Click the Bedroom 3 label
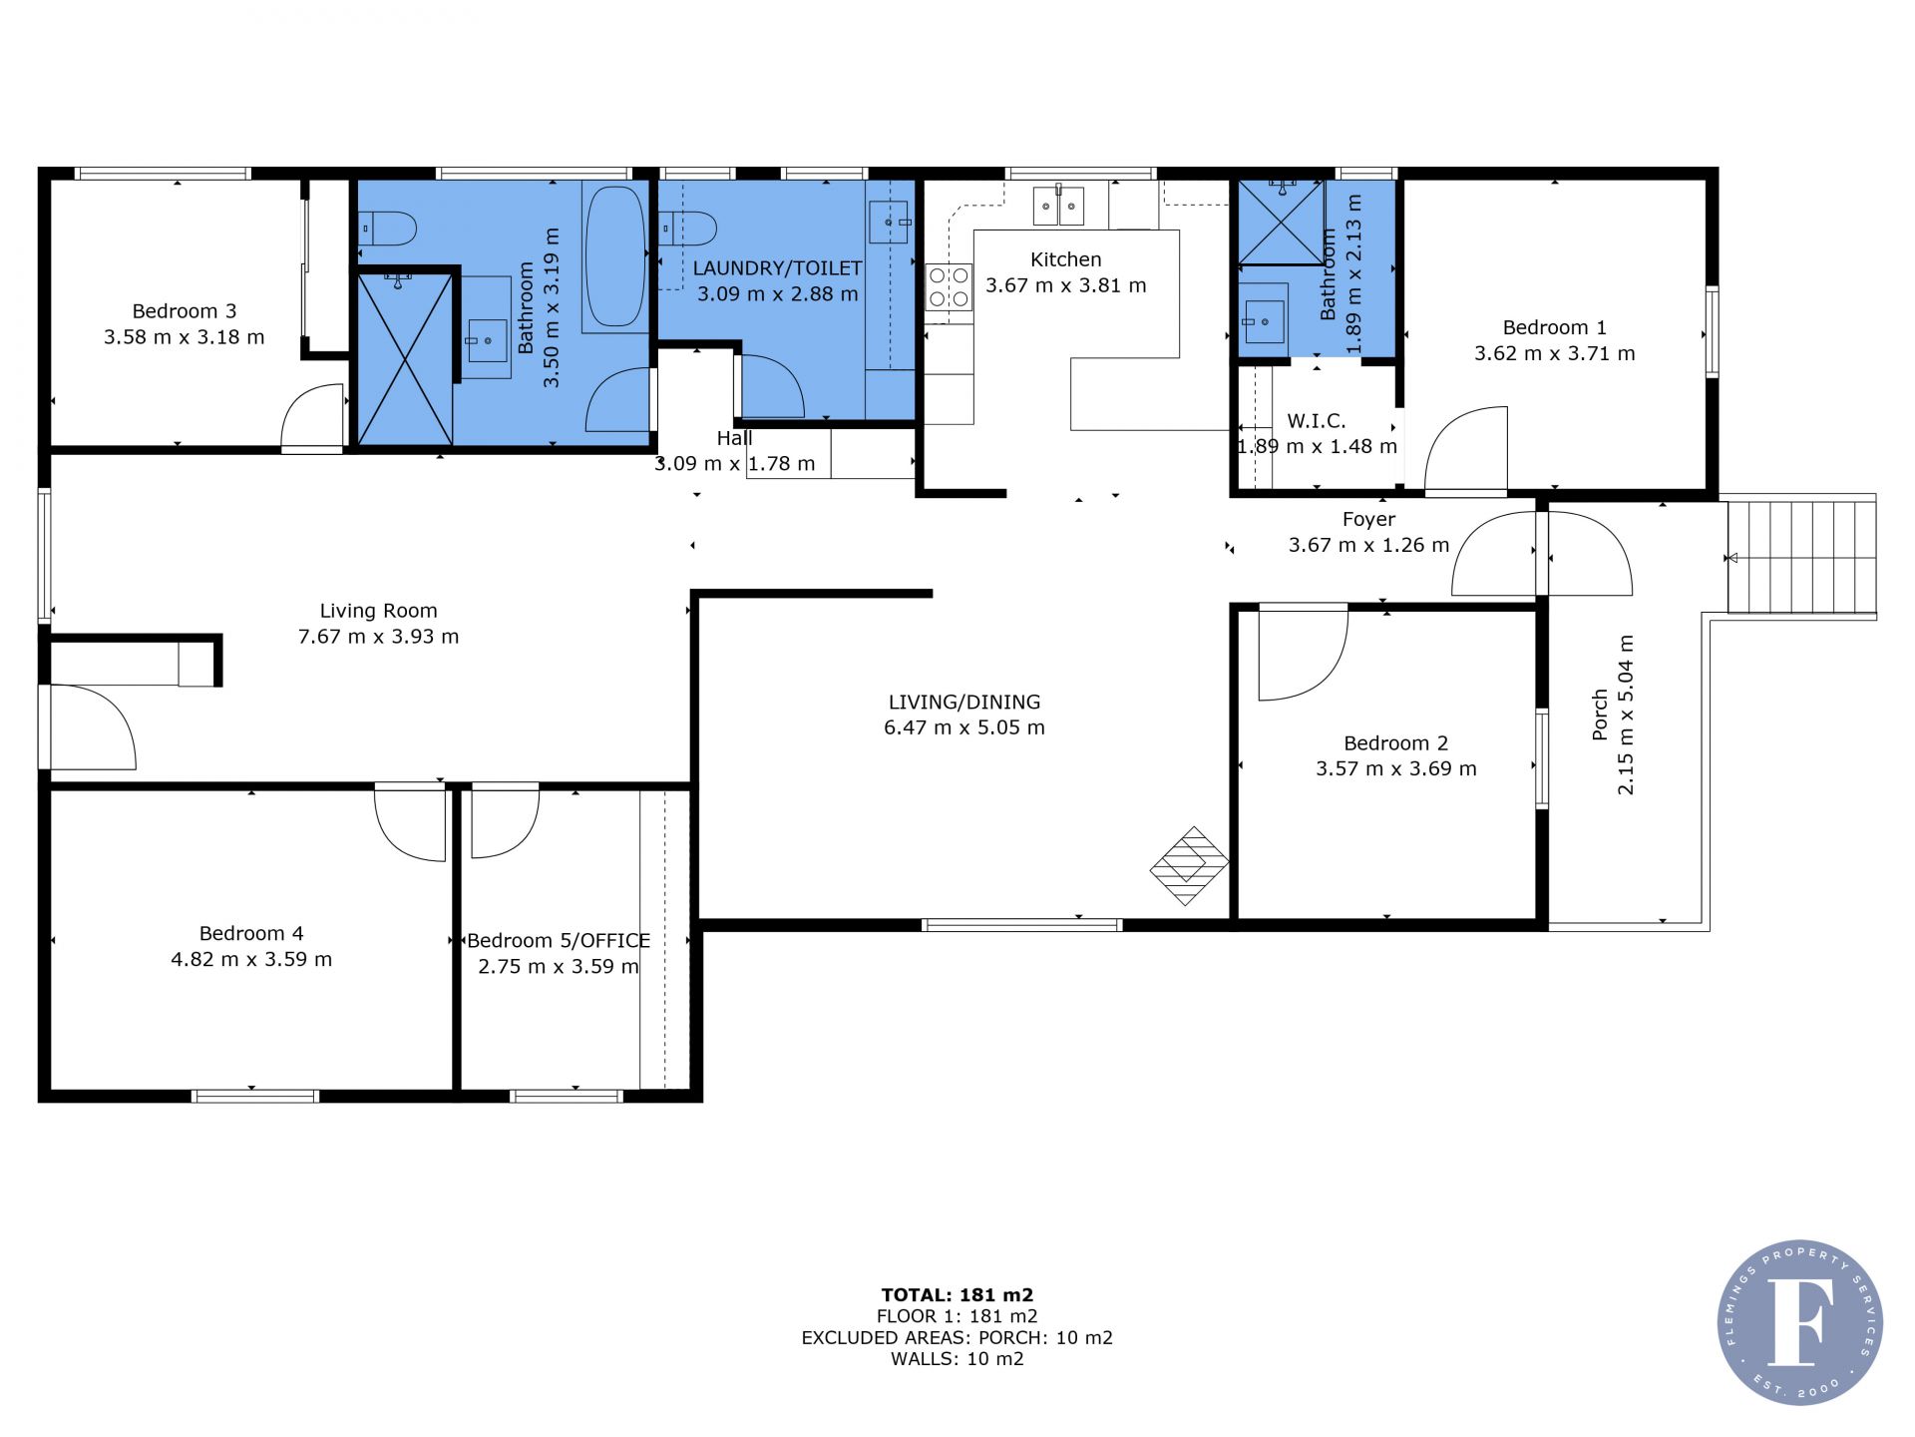(x=185, y=311)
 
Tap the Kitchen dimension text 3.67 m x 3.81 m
(x=1066, y=285)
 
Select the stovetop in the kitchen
(x=949, y=287)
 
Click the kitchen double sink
(x=1057, y=206)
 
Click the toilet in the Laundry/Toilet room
(x=687, y=229)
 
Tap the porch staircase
(x=1802, y=557)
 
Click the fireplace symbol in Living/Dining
(x=1189, y=865)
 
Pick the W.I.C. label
(x=1317, y=421)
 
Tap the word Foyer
(x=1368, y=519)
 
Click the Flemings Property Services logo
(x=1800, y=1322)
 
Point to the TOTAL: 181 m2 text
(x=957, y=1295)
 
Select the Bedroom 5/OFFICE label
(x=559, y=941)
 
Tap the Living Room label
(x=379, y=611)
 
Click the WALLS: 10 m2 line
(x=957, y=1358)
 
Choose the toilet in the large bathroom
(x=387, y=229)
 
